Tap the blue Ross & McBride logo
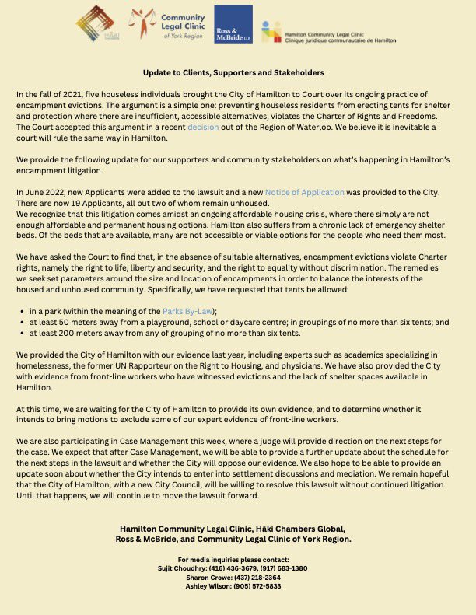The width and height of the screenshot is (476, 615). point(233,23)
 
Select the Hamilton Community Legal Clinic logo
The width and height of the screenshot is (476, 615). point(327,31)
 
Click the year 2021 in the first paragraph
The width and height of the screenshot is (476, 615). point(80,93)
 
